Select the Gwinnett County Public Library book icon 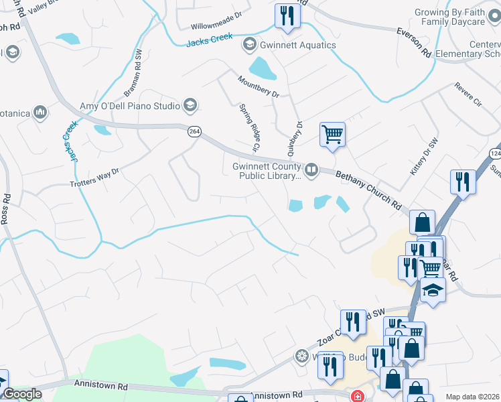(x=311, y=170)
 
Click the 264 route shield (x=194, y=132)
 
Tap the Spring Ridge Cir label (x=249, y=127)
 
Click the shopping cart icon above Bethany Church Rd (x=332, y=135)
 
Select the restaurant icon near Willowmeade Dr (x=287, y=15)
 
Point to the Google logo (x=23, y=394)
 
